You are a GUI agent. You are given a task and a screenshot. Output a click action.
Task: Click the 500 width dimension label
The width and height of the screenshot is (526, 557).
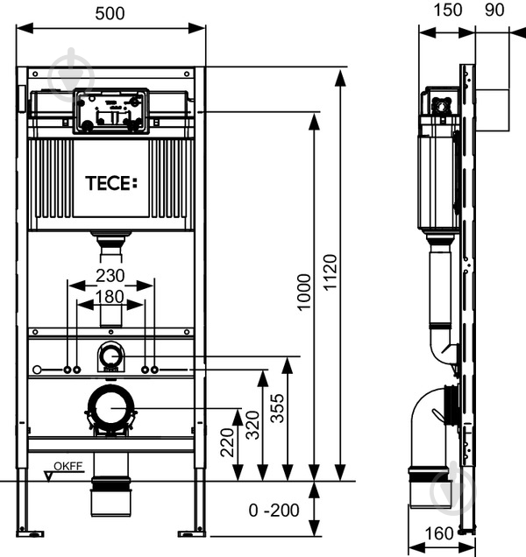(x=110, y=13)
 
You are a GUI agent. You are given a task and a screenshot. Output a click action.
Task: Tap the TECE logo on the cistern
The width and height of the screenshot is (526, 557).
(x=111, y=183)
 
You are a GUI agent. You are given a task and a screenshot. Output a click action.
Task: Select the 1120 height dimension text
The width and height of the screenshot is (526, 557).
(x=331, y=272)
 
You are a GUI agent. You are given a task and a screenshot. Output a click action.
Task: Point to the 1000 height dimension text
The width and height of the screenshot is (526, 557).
(x=304, y=293)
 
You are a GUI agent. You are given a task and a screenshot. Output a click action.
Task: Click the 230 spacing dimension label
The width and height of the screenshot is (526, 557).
(x=110, y=276)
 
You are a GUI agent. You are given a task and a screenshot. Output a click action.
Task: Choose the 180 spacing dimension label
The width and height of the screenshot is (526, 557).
(x=110, y=297)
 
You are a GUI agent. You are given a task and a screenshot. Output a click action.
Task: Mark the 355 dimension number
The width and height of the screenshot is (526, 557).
(x=277, y=408)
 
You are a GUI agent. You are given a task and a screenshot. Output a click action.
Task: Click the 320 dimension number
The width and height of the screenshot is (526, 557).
(x=252, y=425)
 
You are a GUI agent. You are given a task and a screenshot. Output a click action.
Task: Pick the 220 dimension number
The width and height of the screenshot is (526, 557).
(x=228, y=442)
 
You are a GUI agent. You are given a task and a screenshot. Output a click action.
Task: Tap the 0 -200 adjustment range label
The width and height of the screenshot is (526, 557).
(x=274, y=511)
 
